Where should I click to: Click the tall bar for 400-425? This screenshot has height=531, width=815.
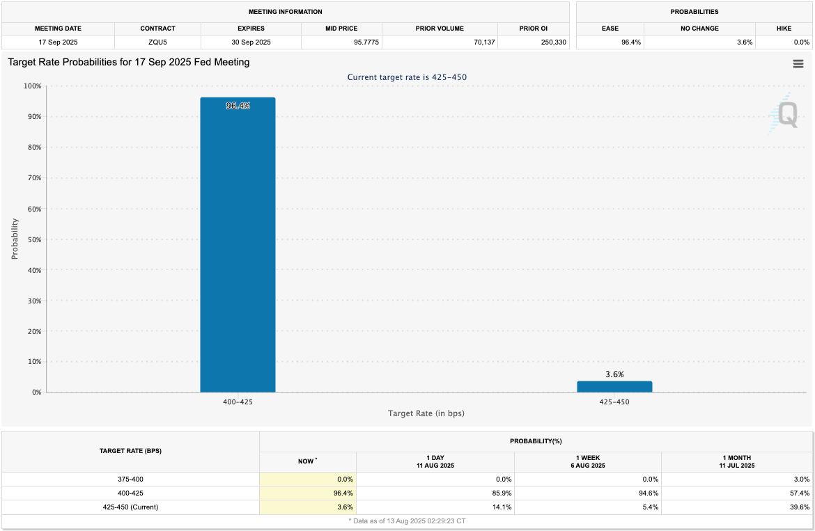tap(238, 244)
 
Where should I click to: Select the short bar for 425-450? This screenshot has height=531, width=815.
tap(614, 386)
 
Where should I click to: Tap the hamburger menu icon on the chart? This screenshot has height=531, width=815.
tap(798, 64)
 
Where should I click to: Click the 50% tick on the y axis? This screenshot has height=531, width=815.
tap(33, 239)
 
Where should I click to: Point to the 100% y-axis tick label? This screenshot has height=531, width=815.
tap(31, 86)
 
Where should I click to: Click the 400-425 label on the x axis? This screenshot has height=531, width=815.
tap(238, 402)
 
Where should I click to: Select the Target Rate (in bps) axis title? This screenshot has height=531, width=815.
tap(426, 413)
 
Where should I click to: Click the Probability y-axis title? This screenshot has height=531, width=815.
tap(15, 239)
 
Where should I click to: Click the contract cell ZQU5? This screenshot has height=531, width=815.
tap(157, 42)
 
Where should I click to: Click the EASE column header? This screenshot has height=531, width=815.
tap(610, 29)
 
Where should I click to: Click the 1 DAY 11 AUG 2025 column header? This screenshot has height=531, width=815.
tap(435, 461)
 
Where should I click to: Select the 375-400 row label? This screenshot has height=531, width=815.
tap(130, 479)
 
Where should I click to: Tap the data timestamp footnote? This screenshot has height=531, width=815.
tap(407, 521)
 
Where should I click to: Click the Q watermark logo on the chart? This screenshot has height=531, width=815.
tap(785, 113)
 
